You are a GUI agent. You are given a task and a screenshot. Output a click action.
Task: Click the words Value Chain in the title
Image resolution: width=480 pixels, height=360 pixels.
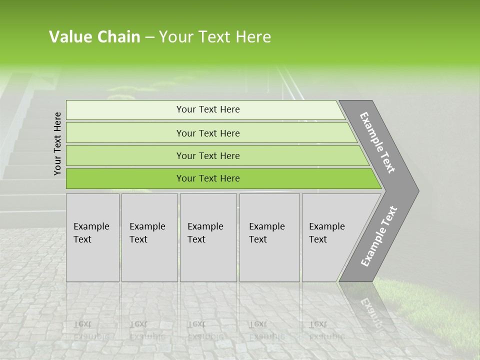[94, 37]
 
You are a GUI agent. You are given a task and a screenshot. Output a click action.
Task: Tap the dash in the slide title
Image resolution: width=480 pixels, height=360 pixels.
[149, 37]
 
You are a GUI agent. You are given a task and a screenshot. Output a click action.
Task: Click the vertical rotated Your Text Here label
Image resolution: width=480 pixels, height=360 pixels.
[57, 143]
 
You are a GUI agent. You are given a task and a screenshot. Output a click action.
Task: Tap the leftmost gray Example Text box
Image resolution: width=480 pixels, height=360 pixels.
[92, 237]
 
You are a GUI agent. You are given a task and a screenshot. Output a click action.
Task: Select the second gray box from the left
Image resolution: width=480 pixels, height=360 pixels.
[149, 237]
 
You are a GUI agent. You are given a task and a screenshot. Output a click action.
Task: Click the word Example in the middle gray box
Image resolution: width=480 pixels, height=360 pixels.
[205, 226]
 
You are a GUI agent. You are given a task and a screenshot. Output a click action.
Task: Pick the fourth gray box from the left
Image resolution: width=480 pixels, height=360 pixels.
[269, 237]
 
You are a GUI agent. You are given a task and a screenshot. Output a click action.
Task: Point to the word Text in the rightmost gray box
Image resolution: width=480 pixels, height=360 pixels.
[318, 239]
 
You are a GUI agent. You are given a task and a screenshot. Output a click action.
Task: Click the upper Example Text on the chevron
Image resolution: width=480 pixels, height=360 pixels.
[377, 142]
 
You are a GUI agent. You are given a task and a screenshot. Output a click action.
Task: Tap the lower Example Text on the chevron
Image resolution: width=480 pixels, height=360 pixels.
[378, 236]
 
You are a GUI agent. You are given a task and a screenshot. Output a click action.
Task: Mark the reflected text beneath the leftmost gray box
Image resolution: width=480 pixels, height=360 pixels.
[91, 330]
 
